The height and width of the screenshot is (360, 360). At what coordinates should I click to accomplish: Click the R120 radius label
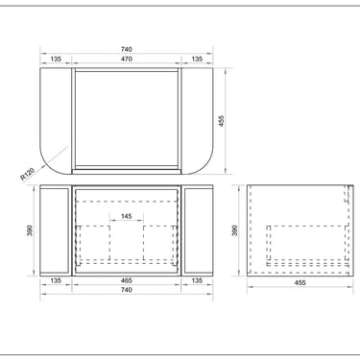tap(28, 175)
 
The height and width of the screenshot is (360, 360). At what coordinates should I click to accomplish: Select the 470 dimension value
tap(127, 59)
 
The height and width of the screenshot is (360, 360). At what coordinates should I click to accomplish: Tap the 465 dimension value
tap(127, 280)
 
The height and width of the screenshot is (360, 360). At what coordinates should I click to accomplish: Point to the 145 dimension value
tap(127, 216)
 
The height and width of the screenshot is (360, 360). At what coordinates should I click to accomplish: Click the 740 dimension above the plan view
tap(127, 49)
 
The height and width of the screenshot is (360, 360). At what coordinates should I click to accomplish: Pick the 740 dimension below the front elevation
tap(127, 290)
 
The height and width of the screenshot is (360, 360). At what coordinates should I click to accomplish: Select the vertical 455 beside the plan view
tap(222, 121)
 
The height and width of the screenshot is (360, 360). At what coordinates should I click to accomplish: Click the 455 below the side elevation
tap(300, 282)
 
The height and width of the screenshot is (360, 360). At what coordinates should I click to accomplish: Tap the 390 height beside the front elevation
tap(30, 230)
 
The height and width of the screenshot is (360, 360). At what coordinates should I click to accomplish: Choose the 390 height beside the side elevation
tap(235, 230)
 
